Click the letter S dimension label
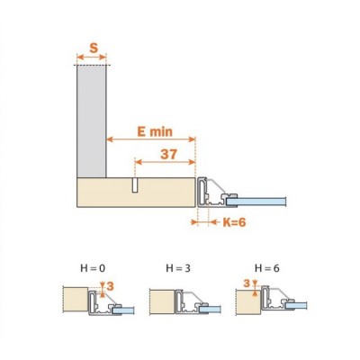pyautogui.click(x=94, y=48)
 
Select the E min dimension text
pyautogui.click(x=155, y=131)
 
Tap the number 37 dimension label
pyautogui.click(x=168, y=154)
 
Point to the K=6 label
pyautogui.click(x=234, y=222)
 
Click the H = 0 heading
pyautogui.click(x=93, y=268)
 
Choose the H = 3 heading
pyautogui.click(x=178, y=268)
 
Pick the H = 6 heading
pyautogui.click(x=267, y=268)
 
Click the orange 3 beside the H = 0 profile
pyautogui.click(x=111, y=286)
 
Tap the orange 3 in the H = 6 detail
pyautogui.click(x=247, y=283)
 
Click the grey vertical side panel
pyautogui.click(x=92, y=121)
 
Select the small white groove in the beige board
pyautogui.click(x=135, y=185)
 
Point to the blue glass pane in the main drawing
pyautogui.click(x=256, y=202)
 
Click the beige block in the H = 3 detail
pyautogui.click(x=162, y=301)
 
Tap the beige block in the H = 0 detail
pyautogui.click(x=76, y=300)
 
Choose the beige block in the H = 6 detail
pyautogui.click(x=248, y=302)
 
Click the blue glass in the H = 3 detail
pyautogui.click(x=211, y=310)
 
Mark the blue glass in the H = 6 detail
pyautogui.click(x=296, y=306)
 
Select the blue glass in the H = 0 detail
pyautogui.click(x=123, y=310)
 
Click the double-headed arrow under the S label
pyautogui.click(x=92, y=57)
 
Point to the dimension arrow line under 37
pyautogui.click(x=166, y=162)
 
